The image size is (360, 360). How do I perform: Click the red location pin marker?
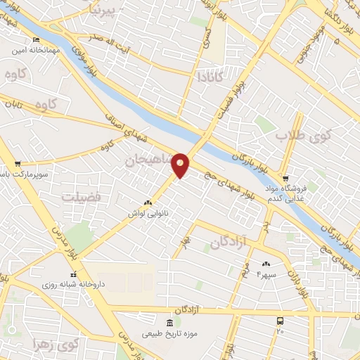click(181, 165)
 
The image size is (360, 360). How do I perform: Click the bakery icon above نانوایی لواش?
click(147, 201)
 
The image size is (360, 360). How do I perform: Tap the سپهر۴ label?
click(267, 274)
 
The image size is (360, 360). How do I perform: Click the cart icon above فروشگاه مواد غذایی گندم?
click(285, 178)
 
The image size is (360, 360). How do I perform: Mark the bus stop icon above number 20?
click(281, 320)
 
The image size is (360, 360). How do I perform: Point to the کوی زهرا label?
click(57, 345)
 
